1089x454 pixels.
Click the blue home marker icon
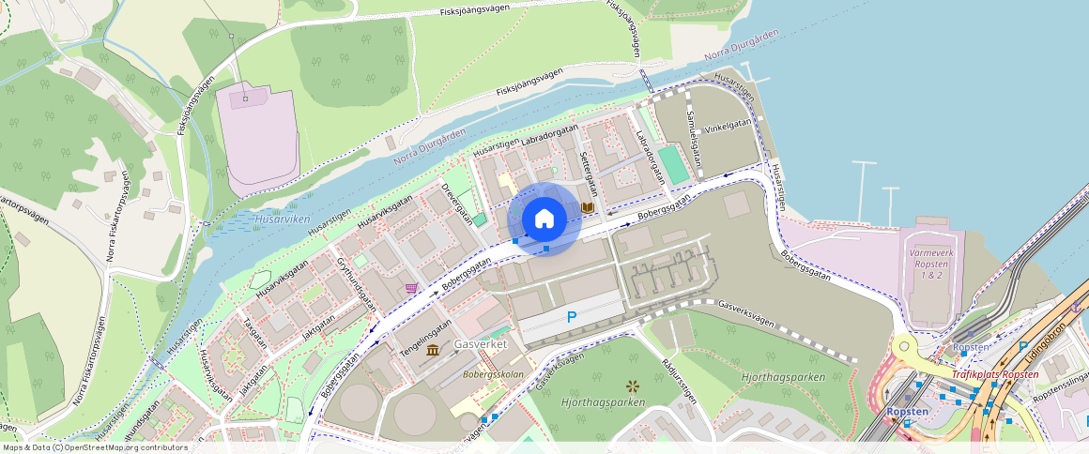coord(544,219)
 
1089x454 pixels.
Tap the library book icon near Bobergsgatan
coord(589,207)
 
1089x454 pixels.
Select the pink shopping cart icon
coord(411,288)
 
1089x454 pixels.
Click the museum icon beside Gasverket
coord(432,350)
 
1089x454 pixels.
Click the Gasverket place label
coord(481,344)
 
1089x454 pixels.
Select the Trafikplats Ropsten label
coord(995,374)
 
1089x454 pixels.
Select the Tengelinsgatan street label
coord(426,336)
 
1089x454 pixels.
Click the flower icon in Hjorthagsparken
coord(632,386)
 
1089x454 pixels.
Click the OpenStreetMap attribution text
coord(94,447)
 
